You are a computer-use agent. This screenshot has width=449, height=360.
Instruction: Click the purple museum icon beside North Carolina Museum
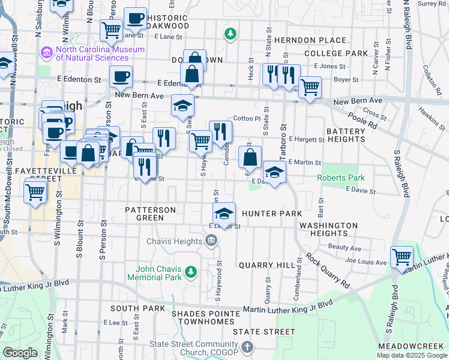46,53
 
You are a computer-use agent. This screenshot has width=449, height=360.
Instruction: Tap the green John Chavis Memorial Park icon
191,273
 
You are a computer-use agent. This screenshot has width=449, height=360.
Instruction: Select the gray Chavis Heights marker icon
211,241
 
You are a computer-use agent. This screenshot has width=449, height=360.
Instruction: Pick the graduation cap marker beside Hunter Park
224,213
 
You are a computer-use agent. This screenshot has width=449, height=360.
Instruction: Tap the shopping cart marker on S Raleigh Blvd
402,257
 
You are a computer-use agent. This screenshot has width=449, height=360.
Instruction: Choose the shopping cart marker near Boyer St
310,87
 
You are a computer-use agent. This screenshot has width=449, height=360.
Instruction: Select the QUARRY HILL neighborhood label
267,265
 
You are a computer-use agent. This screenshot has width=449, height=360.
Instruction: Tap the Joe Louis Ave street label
366,262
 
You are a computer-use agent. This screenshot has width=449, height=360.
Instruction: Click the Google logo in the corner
20,352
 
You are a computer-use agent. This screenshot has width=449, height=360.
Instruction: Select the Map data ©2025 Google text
411,355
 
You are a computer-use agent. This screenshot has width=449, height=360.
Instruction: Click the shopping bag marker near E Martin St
250,157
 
